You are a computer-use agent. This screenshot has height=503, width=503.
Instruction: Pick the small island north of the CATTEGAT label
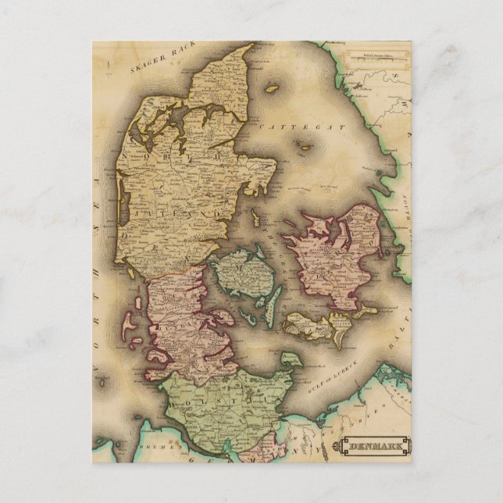[x=271, y=88]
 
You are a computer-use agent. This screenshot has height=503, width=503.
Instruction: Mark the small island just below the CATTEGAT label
[x=304, y=146]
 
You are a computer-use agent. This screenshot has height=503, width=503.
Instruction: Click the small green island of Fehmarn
[x=291, y=359]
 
